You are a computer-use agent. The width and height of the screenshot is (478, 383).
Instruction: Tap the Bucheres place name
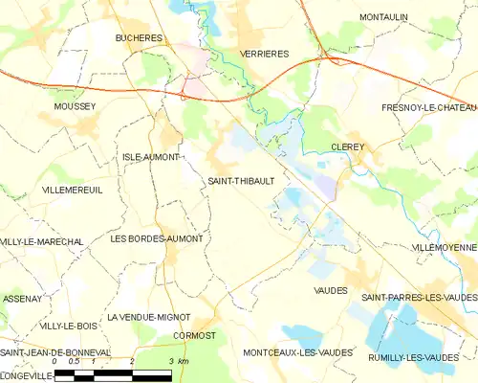tap(139, 38)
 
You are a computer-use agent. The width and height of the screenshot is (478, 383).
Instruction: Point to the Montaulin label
tap(385, 17)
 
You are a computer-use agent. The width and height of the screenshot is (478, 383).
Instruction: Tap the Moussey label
tap(76, 106)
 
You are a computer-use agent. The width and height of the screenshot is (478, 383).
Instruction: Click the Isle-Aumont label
tap(151, 156)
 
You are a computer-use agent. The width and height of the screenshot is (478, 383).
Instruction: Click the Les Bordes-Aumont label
tap(157, 237)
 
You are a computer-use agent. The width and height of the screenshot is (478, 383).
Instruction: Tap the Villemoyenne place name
tap(443, 247)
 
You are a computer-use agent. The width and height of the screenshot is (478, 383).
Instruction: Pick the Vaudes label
tap(330, 289)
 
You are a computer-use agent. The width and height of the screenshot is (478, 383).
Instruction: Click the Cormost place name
tap(195, 335)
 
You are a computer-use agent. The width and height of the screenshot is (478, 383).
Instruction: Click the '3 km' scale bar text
tap(178, 361)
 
